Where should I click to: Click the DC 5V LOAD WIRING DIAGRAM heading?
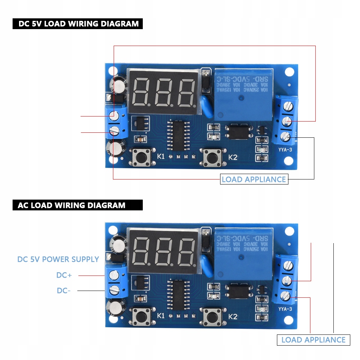point(78,24)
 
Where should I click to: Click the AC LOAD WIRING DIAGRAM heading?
point(77,205)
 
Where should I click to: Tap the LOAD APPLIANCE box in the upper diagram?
point(254,179)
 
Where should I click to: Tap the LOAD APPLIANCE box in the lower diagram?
point(313,340)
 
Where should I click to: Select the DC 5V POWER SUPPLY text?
point(58,259)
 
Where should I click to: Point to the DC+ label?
point(64,275)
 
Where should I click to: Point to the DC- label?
point(63,291)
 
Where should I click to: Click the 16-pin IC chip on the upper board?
point(178,136)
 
